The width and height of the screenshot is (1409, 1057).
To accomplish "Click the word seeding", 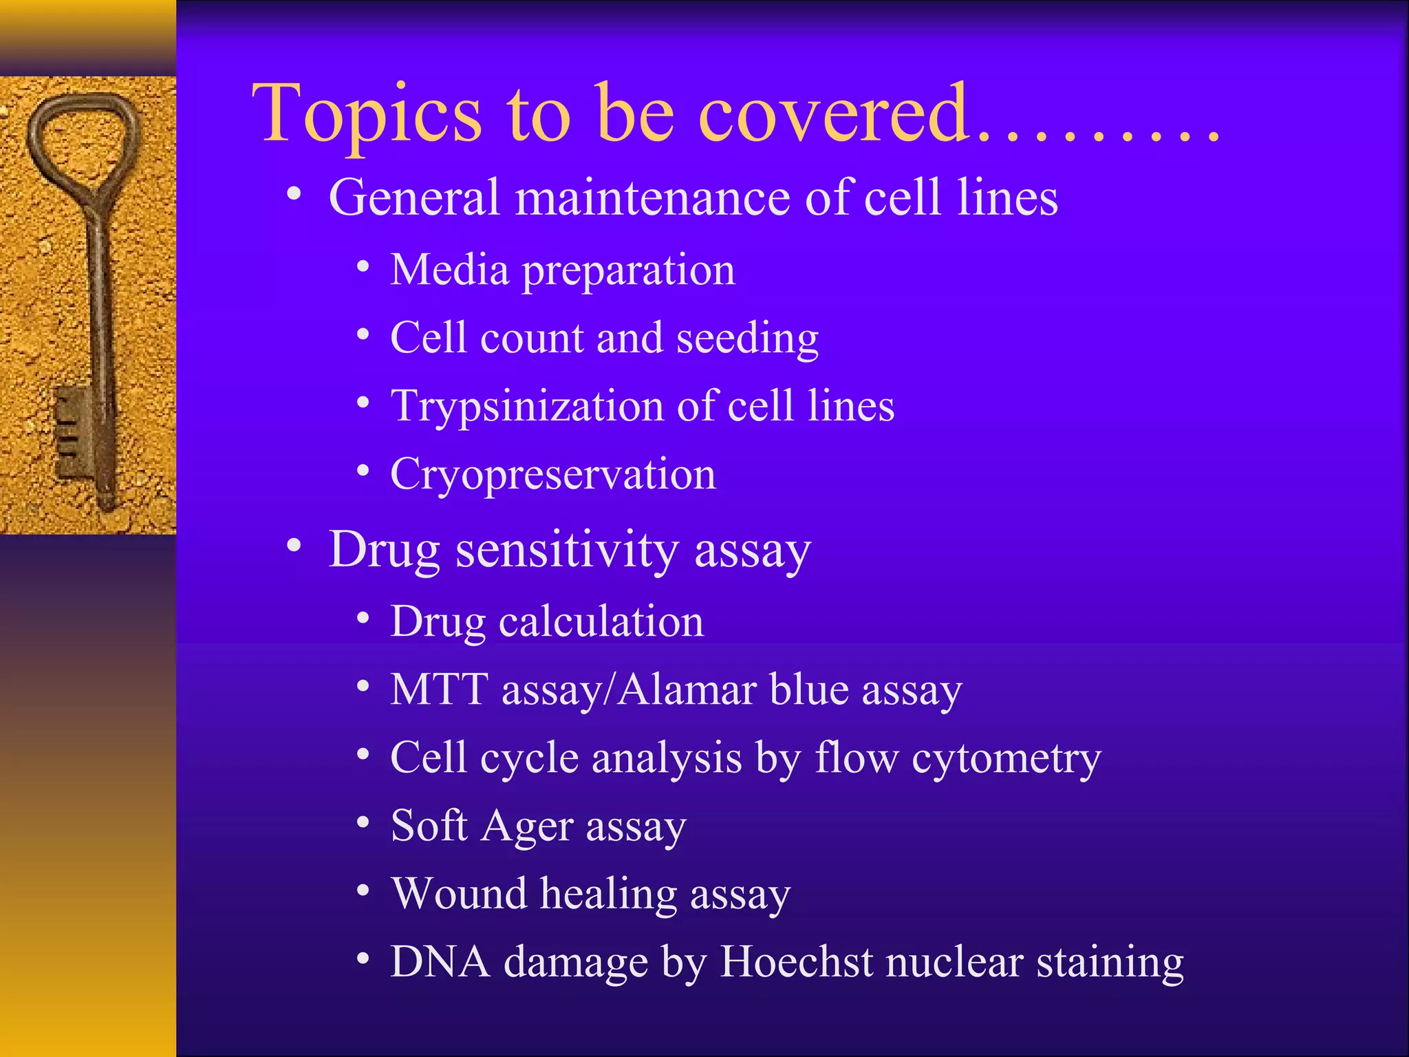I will [x=747, y=339].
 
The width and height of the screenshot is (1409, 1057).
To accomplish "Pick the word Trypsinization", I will [x=526, y=406].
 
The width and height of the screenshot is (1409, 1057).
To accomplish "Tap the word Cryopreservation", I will [x=553, y=476].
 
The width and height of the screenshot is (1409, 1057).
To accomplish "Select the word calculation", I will [x=601, y=621].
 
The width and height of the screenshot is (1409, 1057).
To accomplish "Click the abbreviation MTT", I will [x=439, y=690].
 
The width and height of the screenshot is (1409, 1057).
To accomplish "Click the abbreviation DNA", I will [x=440, y=961].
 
